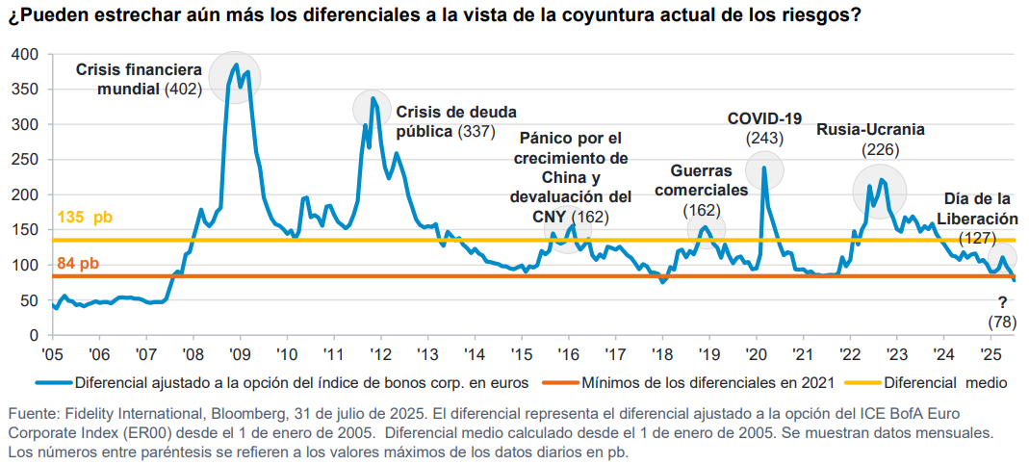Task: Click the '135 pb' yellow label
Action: [85, 218]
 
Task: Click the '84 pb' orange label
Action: [78, 264]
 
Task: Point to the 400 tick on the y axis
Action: [25, 54]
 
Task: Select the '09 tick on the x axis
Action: [239, 352]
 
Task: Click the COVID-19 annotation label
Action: [764, 118]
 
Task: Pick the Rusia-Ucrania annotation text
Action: [870, 129]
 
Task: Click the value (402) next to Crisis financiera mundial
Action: [182, 89]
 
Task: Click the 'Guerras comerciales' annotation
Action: [701, 180]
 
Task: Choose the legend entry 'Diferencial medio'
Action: [944, 382]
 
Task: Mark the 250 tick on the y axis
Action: [25, 160]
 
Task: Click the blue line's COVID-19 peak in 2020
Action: [763, 168]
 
